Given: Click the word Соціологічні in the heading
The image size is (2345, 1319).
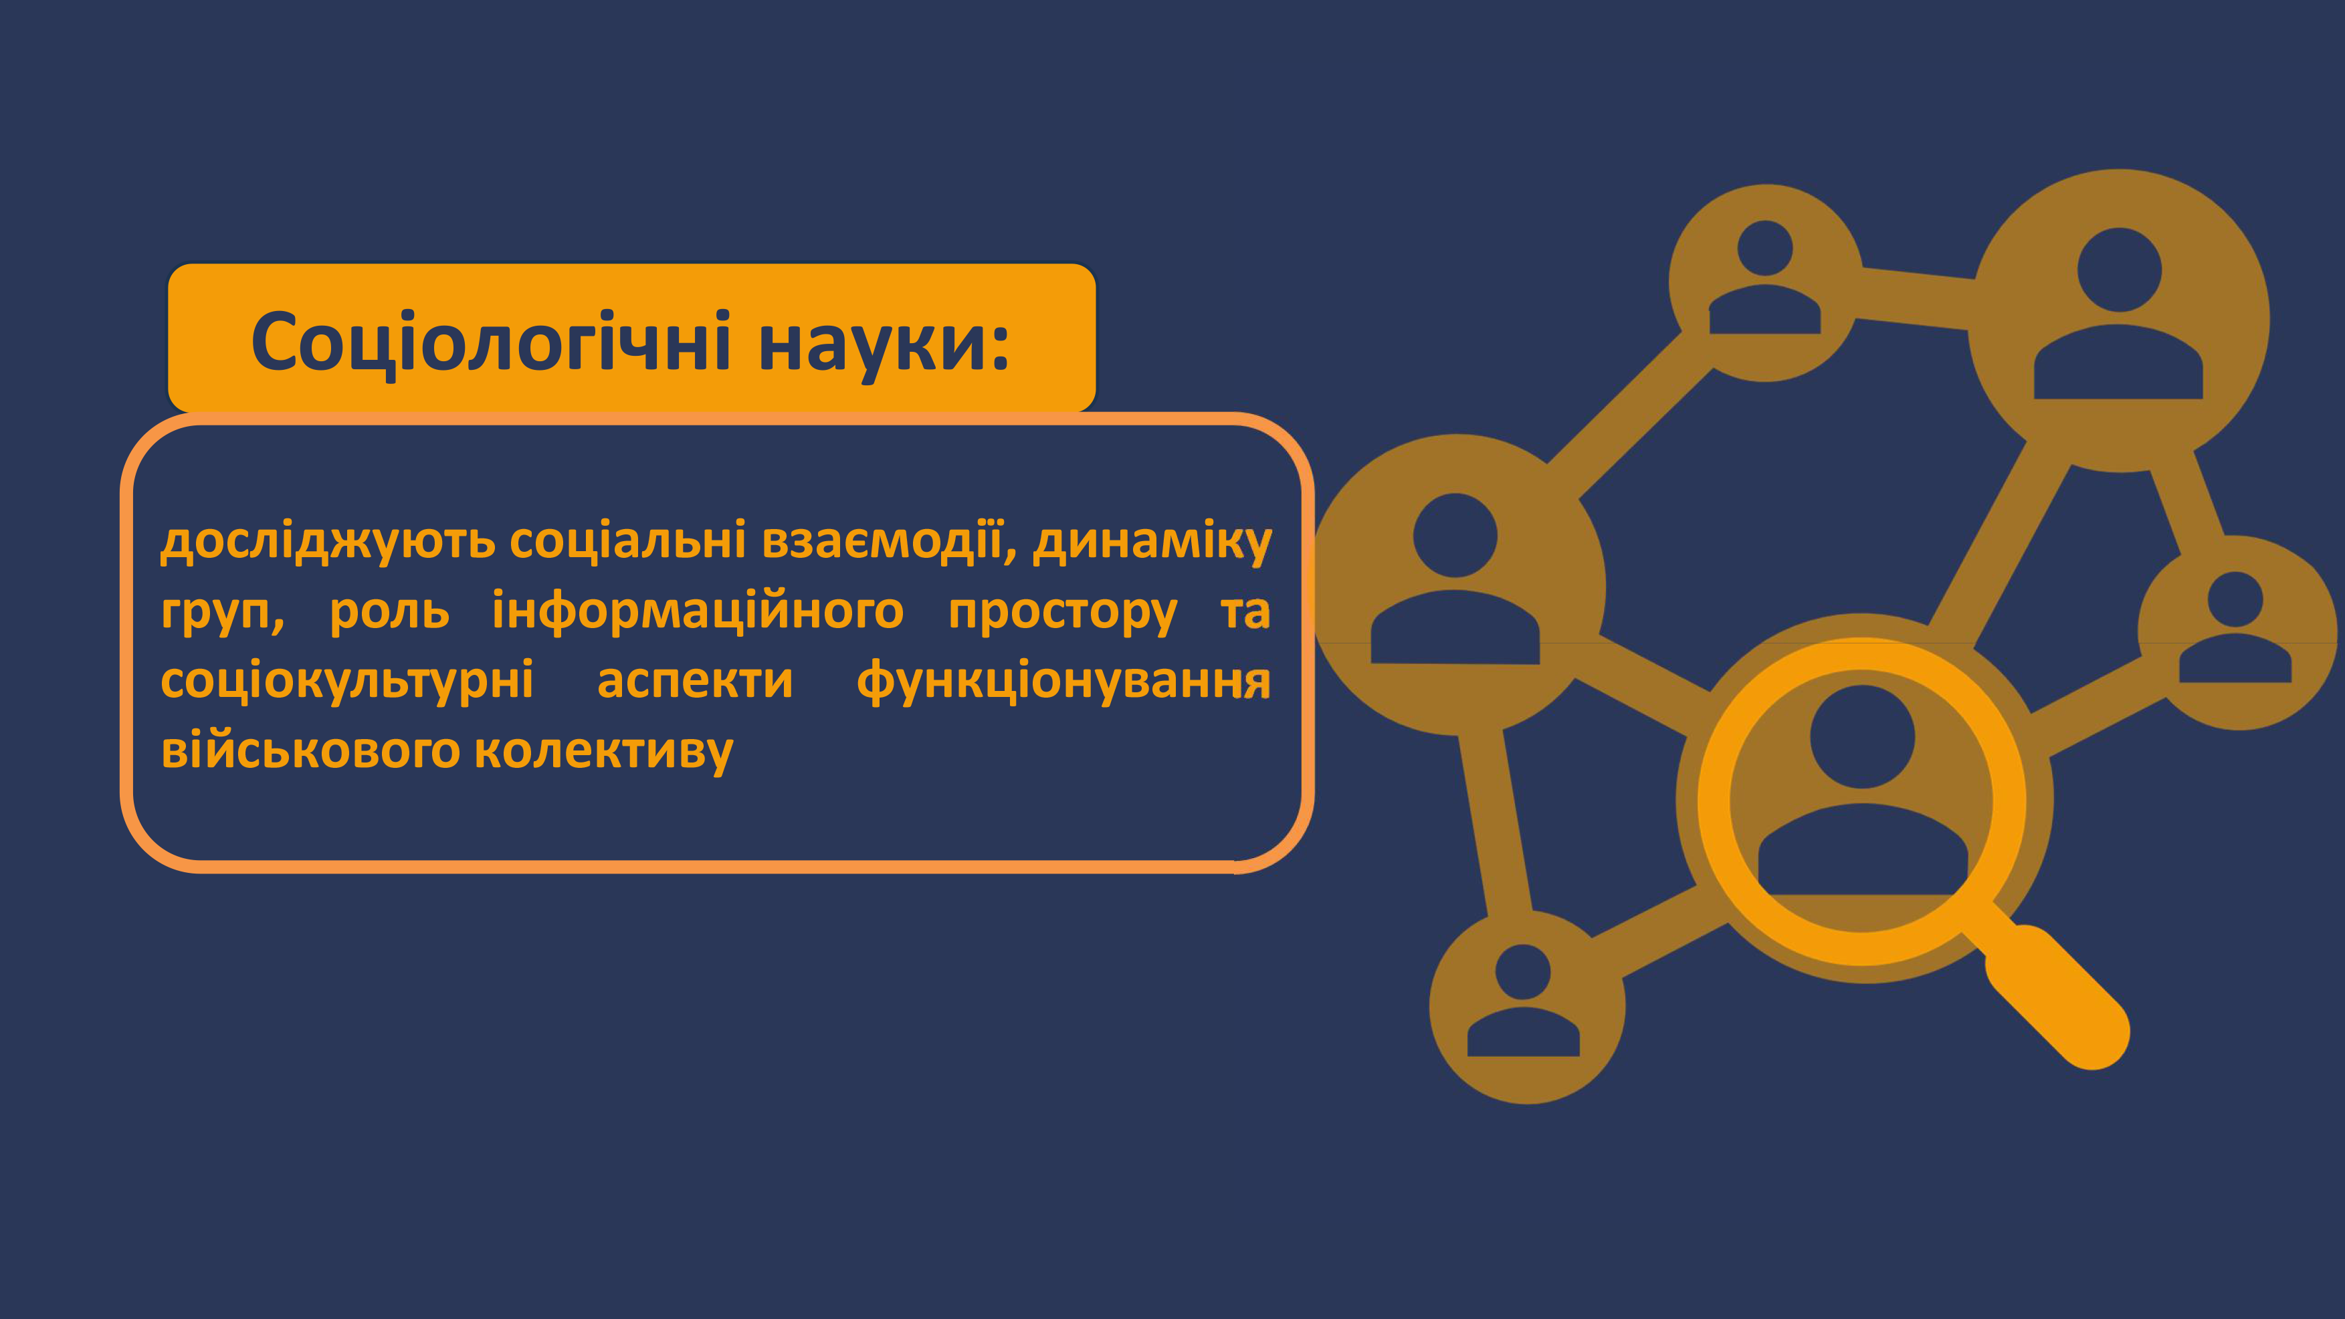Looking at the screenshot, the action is point(491,342).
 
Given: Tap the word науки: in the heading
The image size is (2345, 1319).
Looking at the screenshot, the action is point(884,344).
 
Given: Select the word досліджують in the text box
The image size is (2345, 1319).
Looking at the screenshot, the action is point(328,542).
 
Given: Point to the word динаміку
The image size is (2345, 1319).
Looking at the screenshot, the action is point(1152,542).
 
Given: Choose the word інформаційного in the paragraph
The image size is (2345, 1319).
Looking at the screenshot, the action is point(698,612).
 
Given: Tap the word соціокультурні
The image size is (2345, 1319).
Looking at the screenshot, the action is point(347,682).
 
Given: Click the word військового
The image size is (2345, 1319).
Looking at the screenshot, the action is point(310,752).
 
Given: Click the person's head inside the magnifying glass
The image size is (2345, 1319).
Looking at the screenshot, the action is point(1863,736).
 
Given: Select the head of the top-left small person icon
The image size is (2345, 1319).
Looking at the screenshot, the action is point(1765,247).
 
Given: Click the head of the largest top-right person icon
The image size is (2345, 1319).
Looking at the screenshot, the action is point(2119,270).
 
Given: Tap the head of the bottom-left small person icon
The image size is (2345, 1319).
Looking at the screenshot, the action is point(1523,971).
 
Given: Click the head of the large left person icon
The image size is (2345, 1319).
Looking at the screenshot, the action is point(1455,535).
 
